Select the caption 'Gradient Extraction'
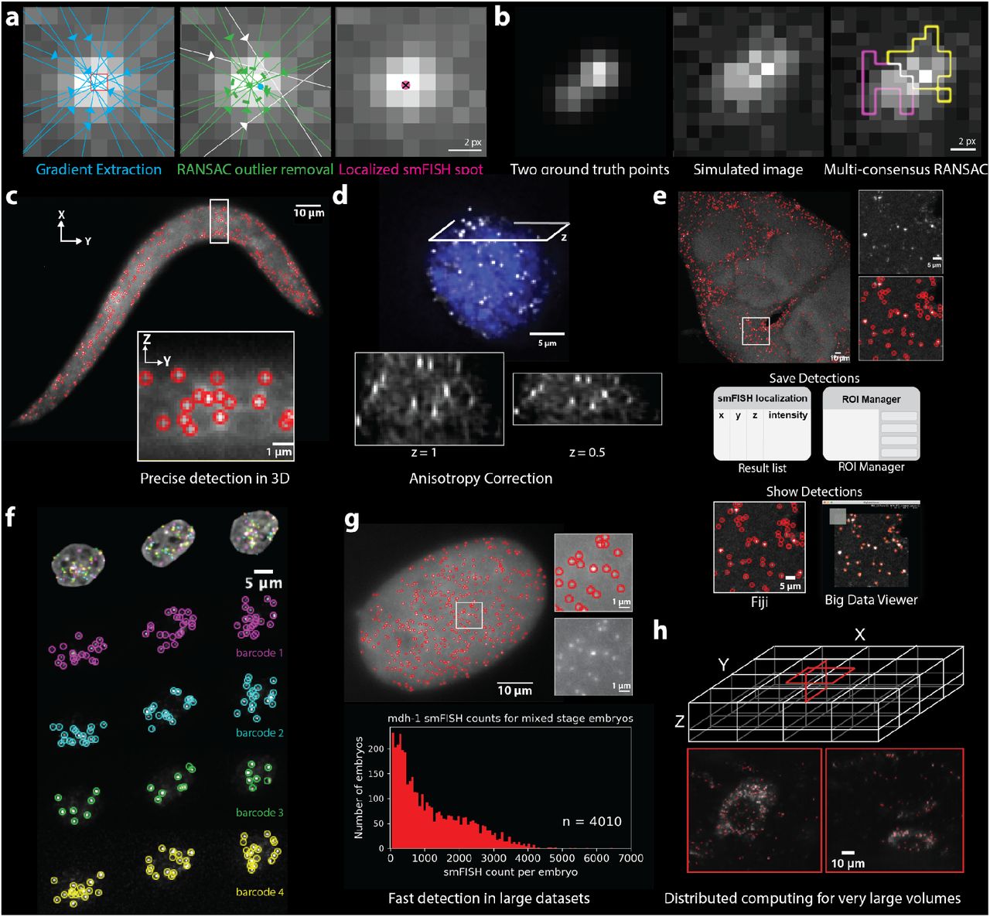[x=99, y=169]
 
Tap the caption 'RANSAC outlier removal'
[x=256, y=169]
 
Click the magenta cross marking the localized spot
[x=406, y=85]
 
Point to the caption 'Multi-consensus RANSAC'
[x=906, y=169]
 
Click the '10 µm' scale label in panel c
[x=309, y=213]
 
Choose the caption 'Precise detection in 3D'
[x=215, y=479]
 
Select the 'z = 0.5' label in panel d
[x=587, y=452]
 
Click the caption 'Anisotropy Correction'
[x=481, y=479]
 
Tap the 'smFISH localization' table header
[x=762, y=398]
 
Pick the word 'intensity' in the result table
[x=787, y=415]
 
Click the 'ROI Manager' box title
[x=871, y=399]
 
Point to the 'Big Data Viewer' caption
[x=871, y=600]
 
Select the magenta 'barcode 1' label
[x=259, y=653]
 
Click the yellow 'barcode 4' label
[x=259, y=892]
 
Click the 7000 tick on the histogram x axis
[x=630, y=858]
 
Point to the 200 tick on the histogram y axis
[x=376, y=749]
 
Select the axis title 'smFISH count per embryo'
[x=510, y=872]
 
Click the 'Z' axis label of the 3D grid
[x=679, y=721]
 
